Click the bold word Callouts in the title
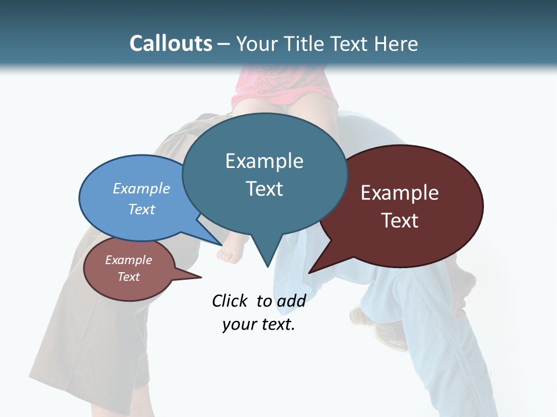click(x=171, y=43)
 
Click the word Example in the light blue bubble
click(x=142, y=188)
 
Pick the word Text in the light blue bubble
click(x=142, y=209)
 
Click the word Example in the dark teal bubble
click(x=264, y=160)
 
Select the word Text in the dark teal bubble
click(x=264, y=188)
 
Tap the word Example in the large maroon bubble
click(x=400, y=192)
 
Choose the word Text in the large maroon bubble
click(x=400, y=220)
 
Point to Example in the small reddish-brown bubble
click(x=129, y=260)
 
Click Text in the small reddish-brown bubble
click(x=129, y=277)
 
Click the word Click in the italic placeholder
click(x=230, y=301)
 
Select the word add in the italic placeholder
click(x=291, y=301)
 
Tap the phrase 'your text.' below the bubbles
click(x=259, y=325)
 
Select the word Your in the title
click(x=258, y=43)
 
